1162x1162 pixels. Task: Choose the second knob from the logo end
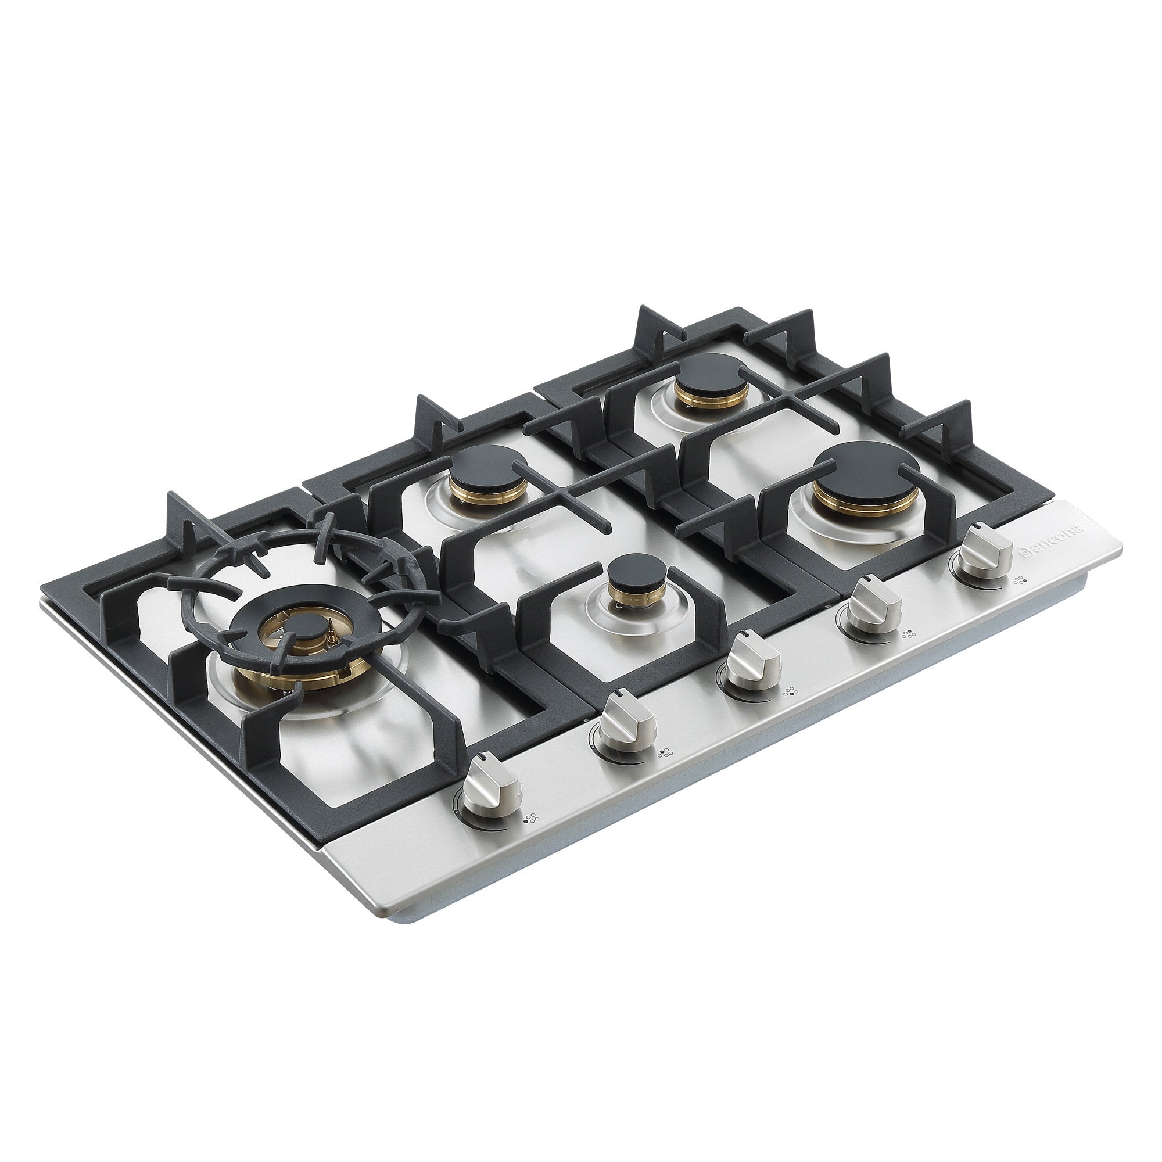(869, 609)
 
